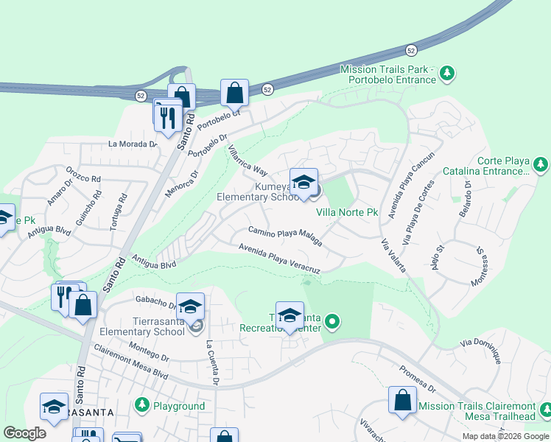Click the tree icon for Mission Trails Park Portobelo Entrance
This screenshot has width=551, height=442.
coord(446,73)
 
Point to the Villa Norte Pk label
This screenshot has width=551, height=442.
coord(347,212)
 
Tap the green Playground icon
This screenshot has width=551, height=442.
coord(142,405)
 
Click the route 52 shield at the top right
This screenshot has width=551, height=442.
coord(411,50)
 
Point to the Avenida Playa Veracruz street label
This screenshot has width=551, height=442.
coord(279,258)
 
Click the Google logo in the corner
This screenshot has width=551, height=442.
coord(24,433)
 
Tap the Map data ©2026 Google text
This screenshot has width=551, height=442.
coord(505,436)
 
